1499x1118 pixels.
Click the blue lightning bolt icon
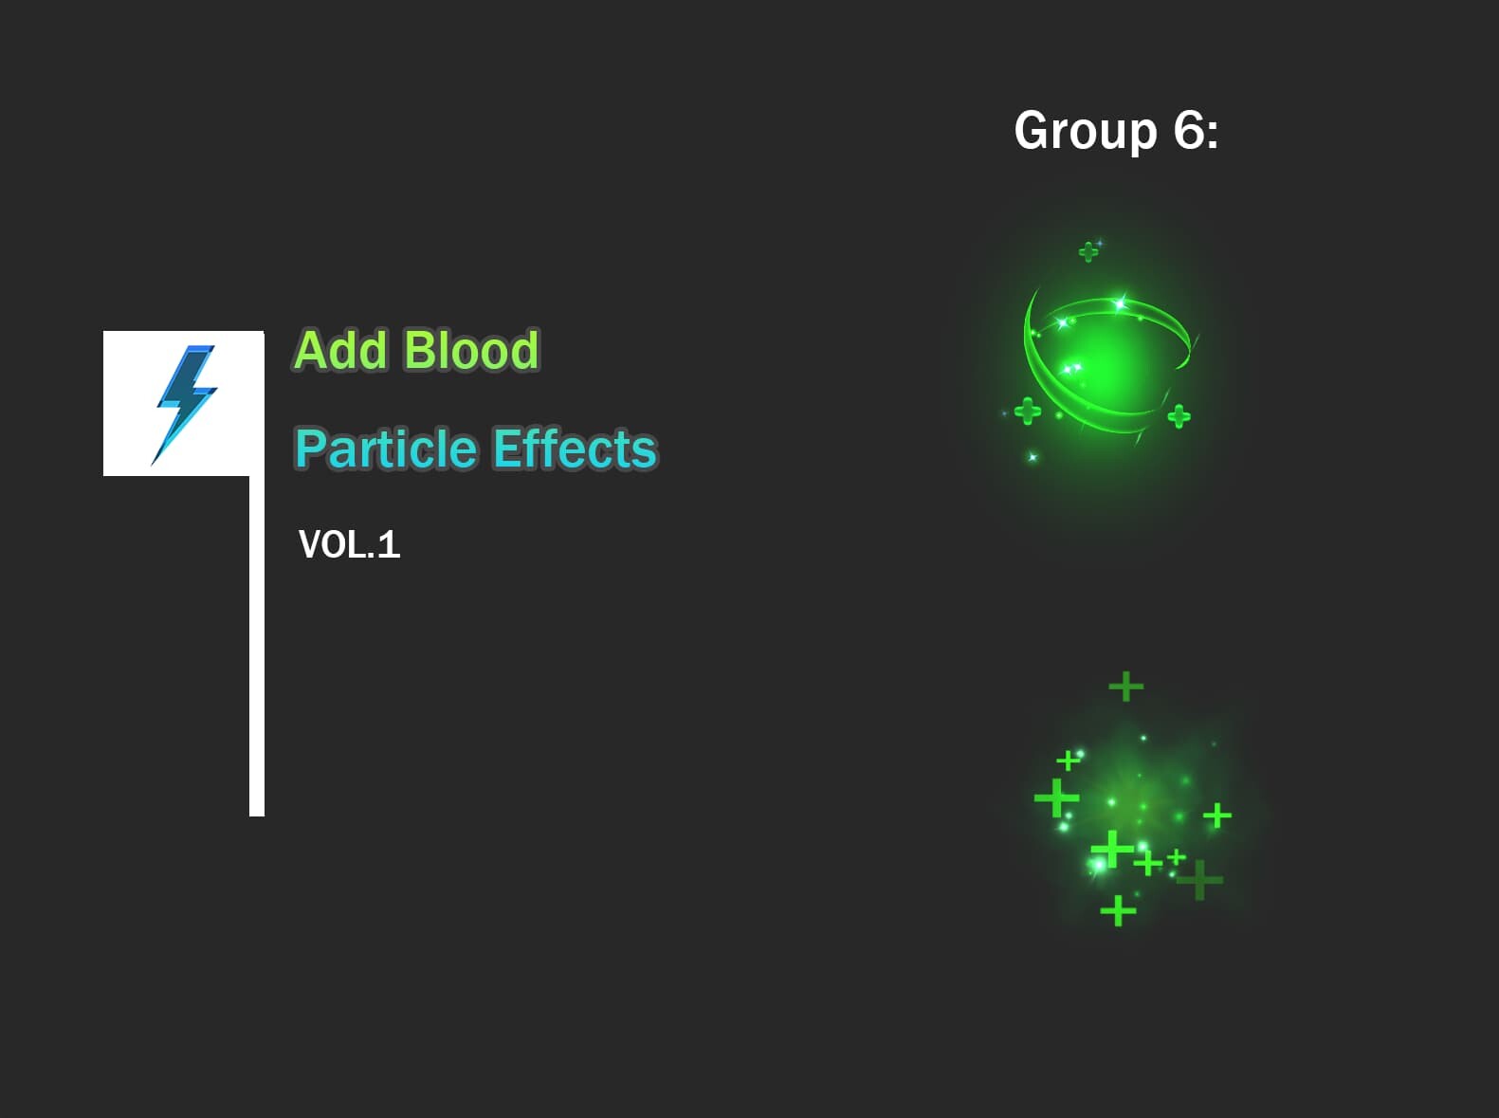coord(185,403)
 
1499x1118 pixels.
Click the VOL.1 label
coord(349,544)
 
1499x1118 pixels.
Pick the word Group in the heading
coord(1085,130)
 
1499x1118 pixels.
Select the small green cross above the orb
coord(1088,251)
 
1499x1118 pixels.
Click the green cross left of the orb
coord(1028,412)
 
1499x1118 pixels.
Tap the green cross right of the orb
coord(1179,415)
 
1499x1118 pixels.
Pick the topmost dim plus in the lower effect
coord(1125,686)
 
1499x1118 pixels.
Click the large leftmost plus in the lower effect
coord(1056,797)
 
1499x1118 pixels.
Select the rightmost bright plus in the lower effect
coord(1217,816)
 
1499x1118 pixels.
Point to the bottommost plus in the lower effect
coord(1118,910)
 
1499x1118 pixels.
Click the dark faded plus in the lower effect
coord(1200,879)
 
